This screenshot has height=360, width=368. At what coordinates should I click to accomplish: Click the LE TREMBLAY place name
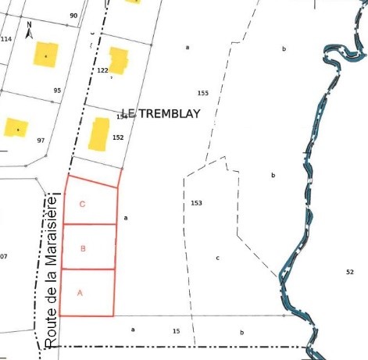coord(161,114)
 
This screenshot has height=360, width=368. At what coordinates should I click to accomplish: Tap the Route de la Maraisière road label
coord(51,270)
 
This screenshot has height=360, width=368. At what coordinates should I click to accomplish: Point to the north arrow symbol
coord(29,30)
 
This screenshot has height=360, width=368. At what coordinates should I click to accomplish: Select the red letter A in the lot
coord(79,293)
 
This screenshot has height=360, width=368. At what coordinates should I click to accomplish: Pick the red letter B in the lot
coord(83,248)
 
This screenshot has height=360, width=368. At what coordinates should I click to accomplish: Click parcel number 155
coord(203,93)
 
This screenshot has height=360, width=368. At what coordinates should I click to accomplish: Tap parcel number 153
coord(196,203)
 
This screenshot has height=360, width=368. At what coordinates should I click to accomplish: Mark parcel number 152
coord(118,137)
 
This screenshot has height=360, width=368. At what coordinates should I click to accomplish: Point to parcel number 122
coord(102,70)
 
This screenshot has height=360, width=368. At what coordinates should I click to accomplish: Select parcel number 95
coord(57,91)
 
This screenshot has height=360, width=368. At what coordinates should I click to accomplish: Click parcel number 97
coord(41,141)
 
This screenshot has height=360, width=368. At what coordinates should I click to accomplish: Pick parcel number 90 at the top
coord(73,16)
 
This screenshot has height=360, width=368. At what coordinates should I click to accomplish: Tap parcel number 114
coord(6,39)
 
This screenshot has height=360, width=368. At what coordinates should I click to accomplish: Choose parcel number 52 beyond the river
coord(349,271)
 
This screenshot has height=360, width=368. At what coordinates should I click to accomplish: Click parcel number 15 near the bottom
coord(176,331)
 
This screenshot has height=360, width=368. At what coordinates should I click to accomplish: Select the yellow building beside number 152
coord(99,134)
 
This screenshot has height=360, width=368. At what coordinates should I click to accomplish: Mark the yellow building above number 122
coord(118,60)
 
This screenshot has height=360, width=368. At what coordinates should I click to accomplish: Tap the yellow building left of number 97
coord(16,127)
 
